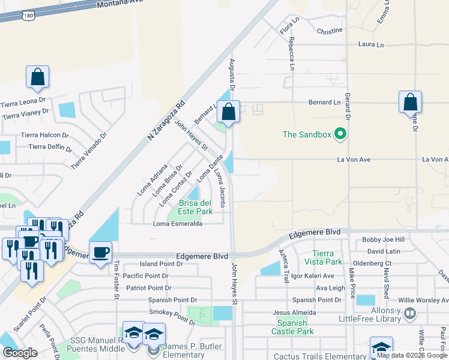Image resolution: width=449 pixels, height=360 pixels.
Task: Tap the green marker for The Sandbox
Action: pyautogui.click(x=341, y=134)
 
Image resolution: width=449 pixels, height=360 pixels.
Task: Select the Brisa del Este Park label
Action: pyautogui.click(x=194, y=207)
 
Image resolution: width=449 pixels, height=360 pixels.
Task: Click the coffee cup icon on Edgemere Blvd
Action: pyautogui.click(x=100, y=252)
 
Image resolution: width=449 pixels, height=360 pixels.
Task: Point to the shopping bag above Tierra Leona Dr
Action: pyautogui.click(x=37, y=77)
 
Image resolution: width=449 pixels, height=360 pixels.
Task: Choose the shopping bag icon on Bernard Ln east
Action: pyautogui.click(x=410, y=102)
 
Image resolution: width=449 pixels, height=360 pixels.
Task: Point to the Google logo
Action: pyautogui.click(x=20, y=353)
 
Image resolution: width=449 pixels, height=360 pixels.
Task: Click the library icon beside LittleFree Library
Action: pyautogui.click(x=410, y=313)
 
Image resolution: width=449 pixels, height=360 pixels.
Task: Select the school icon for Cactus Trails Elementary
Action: pyautogui.click(x=382, y=347)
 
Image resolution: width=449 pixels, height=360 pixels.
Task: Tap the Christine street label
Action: pyautogui.click(x=330, y=30)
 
